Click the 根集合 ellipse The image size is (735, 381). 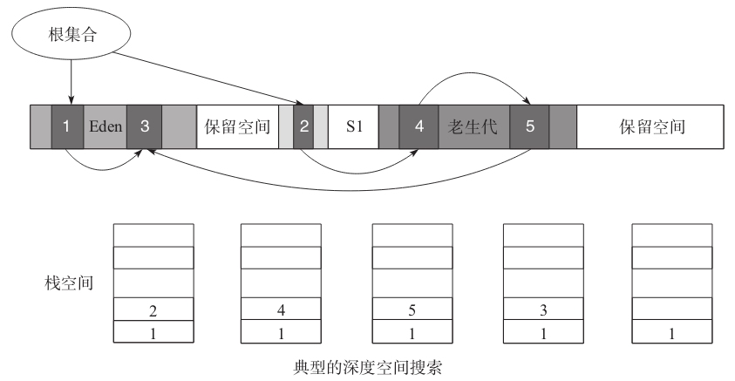pyautogui.click(x=71, y=34)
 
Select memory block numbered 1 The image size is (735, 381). pyautogui.click(x=67, y=126)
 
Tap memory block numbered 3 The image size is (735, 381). pyautogui.click(x=145, y=126)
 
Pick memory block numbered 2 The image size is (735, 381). pyautogui.click(x=303, y=126)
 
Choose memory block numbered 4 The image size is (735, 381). pyautogui.click(x=419, y=126)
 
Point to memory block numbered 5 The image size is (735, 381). pyautogui.click(x=530, y=126)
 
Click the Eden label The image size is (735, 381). pyautogui.click(x=105, y=126)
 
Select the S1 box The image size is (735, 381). pyautogui.click(x=353, y=126)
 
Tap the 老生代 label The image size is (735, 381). pyautogui.click(x=473, y=126)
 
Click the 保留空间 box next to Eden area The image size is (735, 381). pyautogui.click(x=238, y=126)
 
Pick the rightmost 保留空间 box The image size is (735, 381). pyautogui.click(x=650, y=126)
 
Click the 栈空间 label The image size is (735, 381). pyautogui.click(x=69, y=283)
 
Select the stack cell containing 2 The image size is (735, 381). pyautogui.click(x=153, y=310)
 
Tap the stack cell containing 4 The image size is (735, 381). pyautogui.click(x=281, y=309)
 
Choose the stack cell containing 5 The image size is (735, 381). pyautogui.click(x=412, y=309)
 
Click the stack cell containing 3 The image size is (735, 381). pyautogui.click(x=543, y=309)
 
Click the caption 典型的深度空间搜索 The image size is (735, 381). pyautogui.click(x=368, y=367)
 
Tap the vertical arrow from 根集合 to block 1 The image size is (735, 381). pyautogui.click(x=71, y=82)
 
